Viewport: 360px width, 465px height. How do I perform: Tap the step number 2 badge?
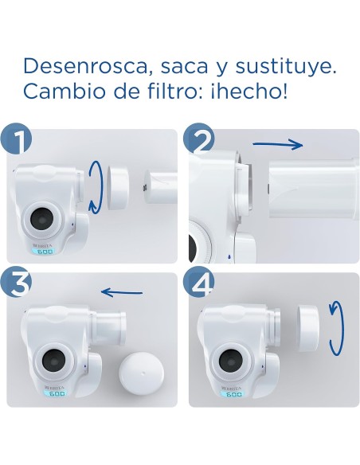(199, 140)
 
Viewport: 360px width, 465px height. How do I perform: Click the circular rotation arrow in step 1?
(95, 186)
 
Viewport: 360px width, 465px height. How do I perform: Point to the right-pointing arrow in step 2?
(278, 144)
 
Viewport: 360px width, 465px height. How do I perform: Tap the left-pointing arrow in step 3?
(123, 291)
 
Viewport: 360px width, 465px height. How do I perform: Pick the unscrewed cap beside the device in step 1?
(119, 183)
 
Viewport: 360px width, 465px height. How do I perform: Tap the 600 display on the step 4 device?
(233, 393)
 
